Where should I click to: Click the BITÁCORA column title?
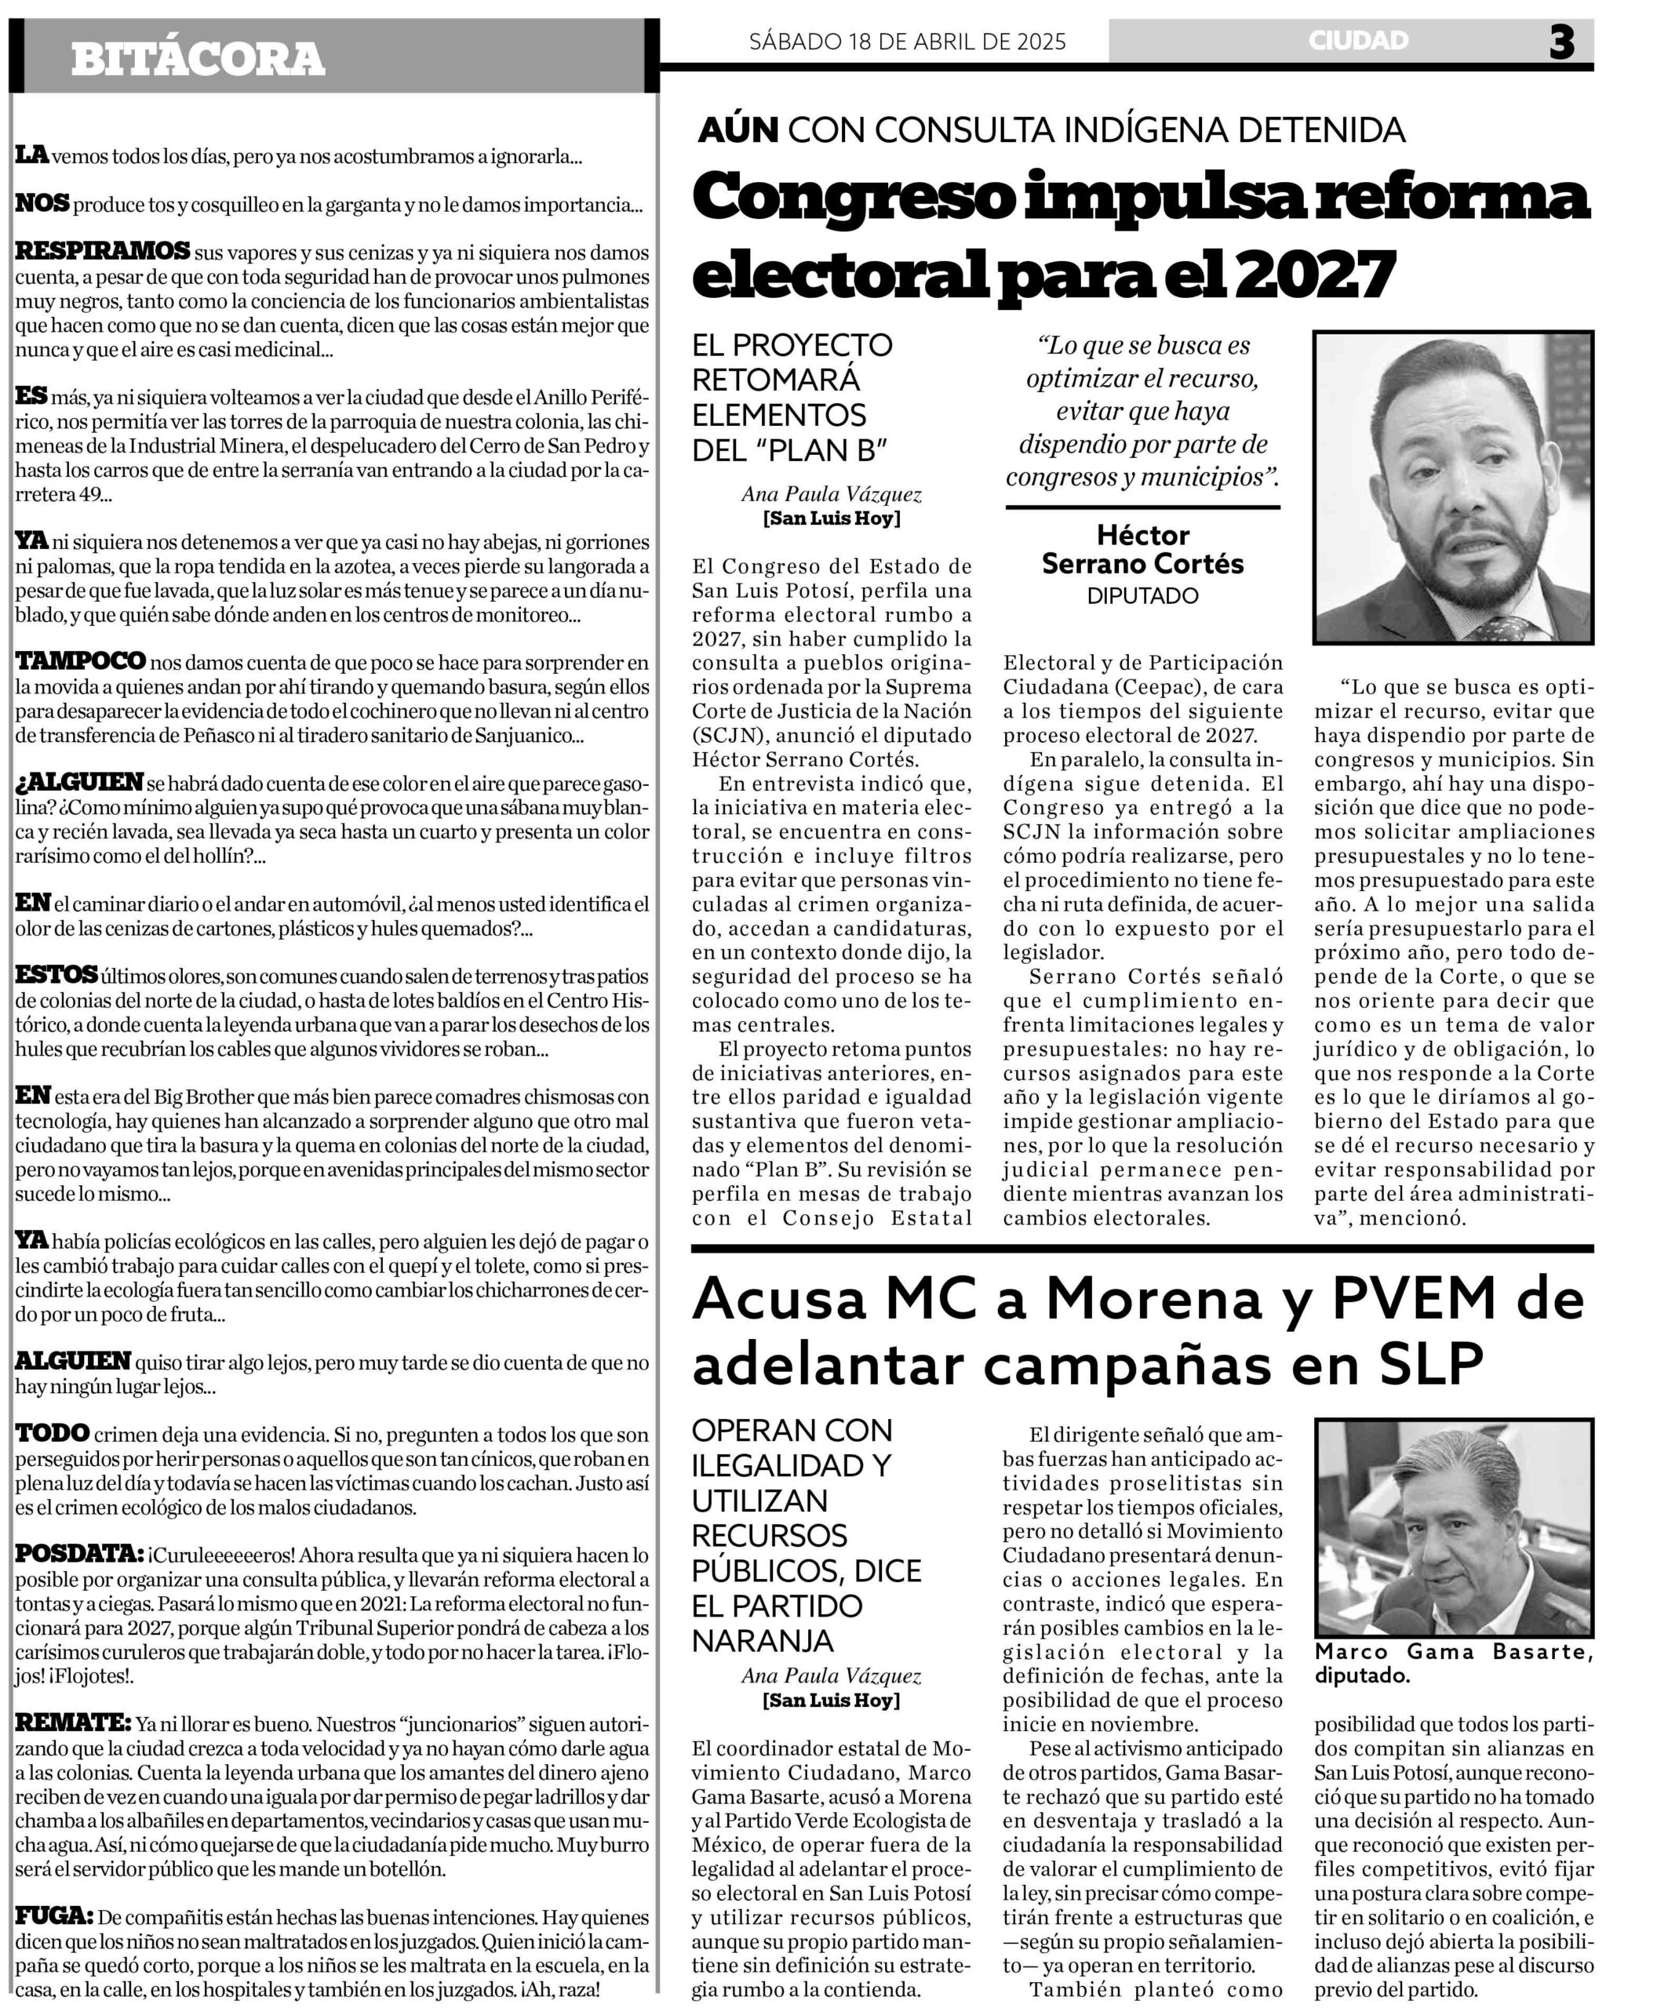tap(198, 59)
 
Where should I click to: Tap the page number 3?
tap(1560, 42)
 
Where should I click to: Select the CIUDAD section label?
tap(1358, 40)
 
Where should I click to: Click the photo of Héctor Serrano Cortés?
tap(1453, 487)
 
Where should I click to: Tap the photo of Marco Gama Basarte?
tap(1453, 1528)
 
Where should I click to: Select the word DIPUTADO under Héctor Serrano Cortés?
tap(1142, 595)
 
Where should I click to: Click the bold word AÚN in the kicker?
tap(737, 129)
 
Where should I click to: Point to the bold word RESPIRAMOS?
tap(102, 252)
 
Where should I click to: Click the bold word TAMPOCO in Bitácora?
tap(80, 661)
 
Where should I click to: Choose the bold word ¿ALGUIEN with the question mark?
tap(79, 783)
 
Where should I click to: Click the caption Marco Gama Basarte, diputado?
tap(1453, 1663)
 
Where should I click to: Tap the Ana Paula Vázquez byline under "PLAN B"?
tap(832, 494)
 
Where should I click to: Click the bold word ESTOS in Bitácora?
tap(56, 975)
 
